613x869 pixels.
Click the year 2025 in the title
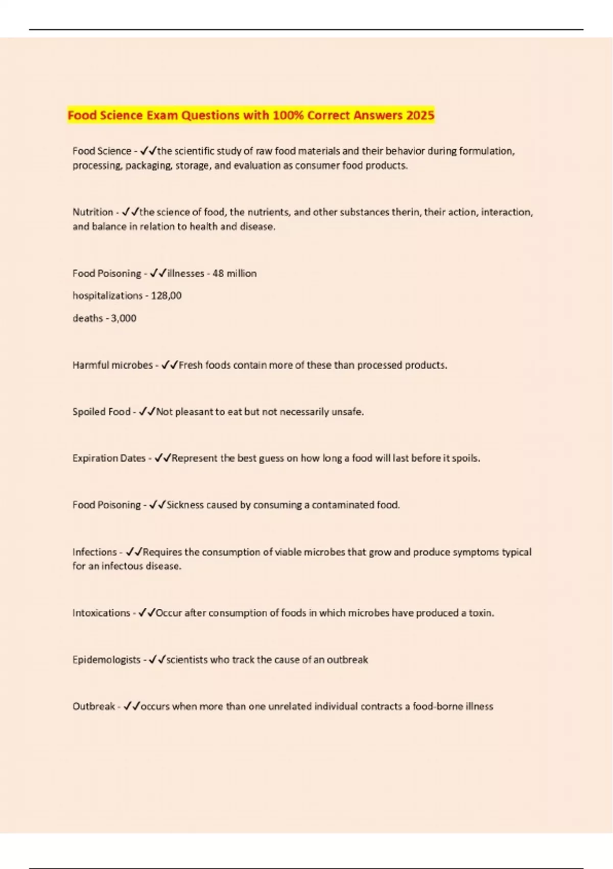click(420, 115)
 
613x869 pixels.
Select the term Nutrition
click(92, 212)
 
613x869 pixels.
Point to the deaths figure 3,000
click(124, 318)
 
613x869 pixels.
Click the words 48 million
click(234, 273)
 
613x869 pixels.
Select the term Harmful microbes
click(112, 365)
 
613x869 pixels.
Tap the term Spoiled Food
click(101, 411)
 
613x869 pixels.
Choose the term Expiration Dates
click(109, 458)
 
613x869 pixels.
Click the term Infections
click(95, 552)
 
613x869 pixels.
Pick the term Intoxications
click(101, 613)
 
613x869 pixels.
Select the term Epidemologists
click(106, 659)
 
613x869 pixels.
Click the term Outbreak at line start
click(93, 706)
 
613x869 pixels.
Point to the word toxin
click(480, 613)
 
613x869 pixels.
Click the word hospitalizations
click(107, 295)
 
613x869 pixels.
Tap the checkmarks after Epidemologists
click(157, 659)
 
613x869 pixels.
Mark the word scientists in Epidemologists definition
click(187, 659)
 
